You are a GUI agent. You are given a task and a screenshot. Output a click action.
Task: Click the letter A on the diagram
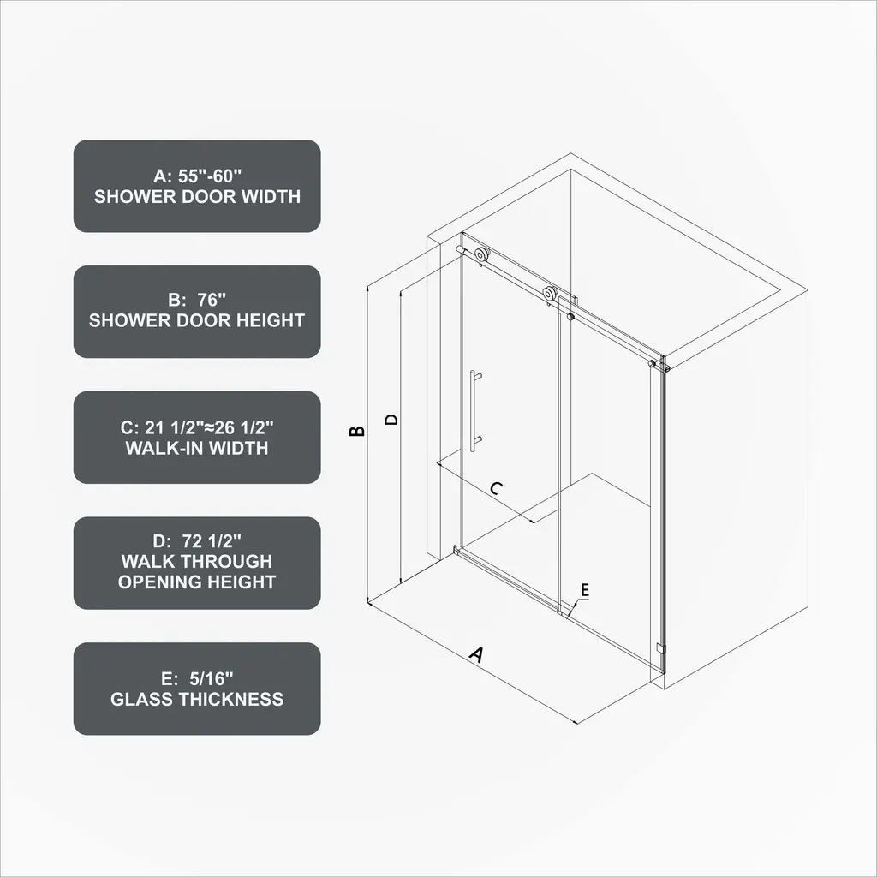(x=476, y=653)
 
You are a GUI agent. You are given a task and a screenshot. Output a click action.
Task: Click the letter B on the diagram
(x=357, y=431)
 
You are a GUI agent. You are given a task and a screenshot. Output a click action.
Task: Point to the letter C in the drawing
(x=496, y=489)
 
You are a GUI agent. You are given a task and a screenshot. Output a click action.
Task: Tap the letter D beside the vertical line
(x=391, y=419)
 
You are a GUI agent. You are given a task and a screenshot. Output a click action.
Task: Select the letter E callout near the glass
(x=584, y=589)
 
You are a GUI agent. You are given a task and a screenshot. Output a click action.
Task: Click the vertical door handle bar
(x=473, y=410)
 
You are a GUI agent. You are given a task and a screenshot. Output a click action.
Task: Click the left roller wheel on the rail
(x=480, y=255)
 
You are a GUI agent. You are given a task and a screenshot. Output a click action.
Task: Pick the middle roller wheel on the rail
(x=550, y=295)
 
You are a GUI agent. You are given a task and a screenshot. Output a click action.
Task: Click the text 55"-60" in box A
(x=210, y=176)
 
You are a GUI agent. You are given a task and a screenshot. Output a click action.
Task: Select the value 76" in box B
(x=212, y=300)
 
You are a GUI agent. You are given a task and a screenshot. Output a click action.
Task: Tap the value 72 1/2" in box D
(x=212, y=541)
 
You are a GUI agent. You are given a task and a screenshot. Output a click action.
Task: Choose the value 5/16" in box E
(x=212, y=678)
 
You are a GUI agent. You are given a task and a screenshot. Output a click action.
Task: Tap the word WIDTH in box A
(x=271, y=197)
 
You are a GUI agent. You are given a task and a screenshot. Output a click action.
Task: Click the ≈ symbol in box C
(x=208, y=428)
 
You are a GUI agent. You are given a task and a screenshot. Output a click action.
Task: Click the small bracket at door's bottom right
(x=661, y=649)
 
